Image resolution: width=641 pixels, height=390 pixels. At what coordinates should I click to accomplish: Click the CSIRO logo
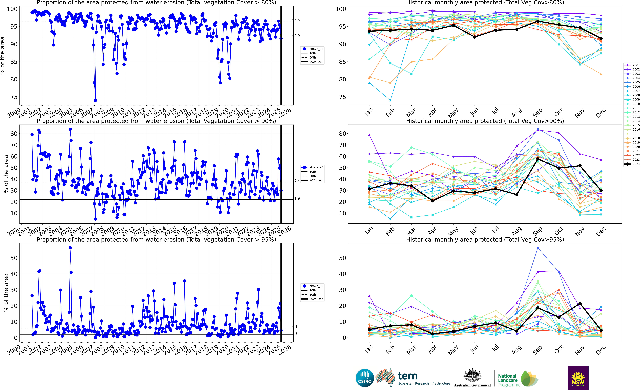coord(365,378)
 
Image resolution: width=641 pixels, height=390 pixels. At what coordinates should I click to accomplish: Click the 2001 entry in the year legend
coord(636,65)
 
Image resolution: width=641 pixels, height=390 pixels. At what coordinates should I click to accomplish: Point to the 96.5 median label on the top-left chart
coord(296,20)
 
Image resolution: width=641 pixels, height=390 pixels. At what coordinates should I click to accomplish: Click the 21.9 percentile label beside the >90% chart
coord(296,198)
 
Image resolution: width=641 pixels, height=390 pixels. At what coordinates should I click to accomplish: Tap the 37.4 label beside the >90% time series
coord(296,181)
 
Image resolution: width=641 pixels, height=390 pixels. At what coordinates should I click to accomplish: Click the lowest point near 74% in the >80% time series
coord(95,100)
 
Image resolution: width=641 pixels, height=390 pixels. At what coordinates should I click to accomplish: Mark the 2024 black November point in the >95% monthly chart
coord(580,303)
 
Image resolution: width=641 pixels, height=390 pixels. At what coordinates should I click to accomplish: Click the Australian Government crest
coord(472,375)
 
